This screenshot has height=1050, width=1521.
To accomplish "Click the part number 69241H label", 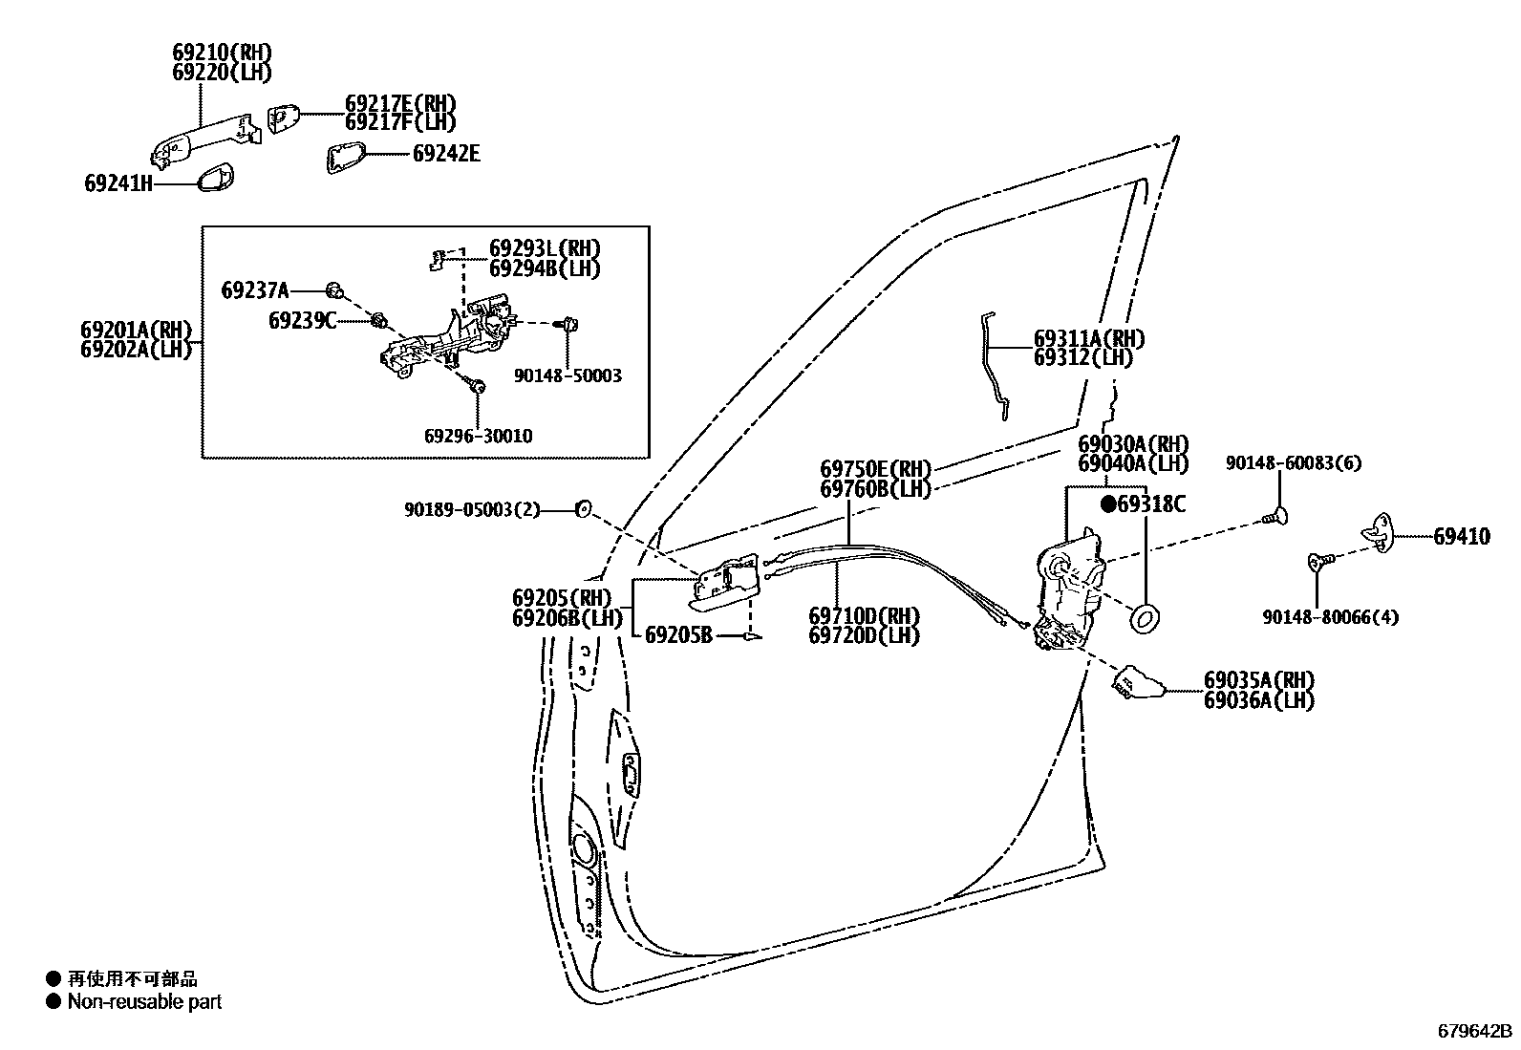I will click(118, 183).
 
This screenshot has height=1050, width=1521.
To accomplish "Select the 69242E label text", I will click(446, 153).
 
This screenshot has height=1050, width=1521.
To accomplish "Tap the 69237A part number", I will click(255, 289).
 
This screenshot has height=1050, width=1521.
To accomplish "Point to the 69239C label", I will click(302, 320).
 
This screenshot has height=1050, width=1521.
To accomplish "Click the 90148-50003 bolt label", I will click(568, 375).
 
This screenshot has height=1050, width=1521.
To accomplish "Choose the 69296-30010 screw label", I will click(478, 436).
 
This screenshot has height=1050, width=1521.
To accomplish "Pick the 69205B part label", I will click(678, 634).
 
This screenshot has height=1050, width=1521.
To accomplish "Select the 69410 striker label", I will click(1461, 537).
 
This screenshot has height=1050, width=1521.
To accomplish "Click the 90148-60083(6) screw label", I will click(1294, 463).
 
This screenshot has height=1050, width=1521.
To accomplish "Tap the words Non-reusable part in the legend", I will click(144, 1002).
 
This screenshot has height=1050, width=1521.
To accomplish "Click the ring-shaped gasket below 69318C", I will click(1145, 619).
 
